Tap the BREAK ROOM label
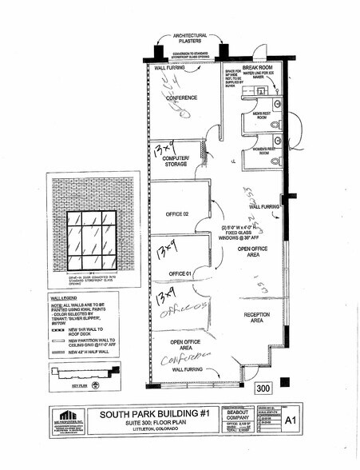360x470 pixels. click(x=258, y=68)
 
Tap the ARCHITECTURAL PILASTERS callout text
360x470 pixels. click(x=186, y=38)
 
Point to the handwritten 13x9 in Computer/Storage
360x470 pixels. click(x=165, y=149)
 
